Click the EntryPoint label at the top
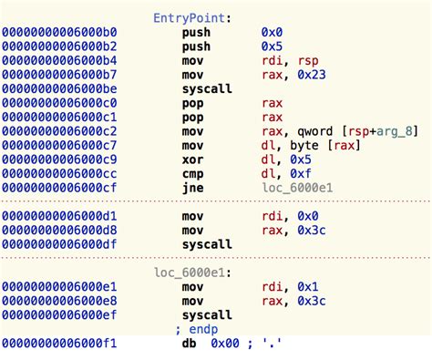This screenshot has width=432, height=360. tap(191, 17)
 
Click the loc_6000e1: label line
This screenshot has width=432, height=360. tap(191, 272)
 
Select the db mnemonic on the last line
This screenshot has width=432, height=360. tap(190, 344)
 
